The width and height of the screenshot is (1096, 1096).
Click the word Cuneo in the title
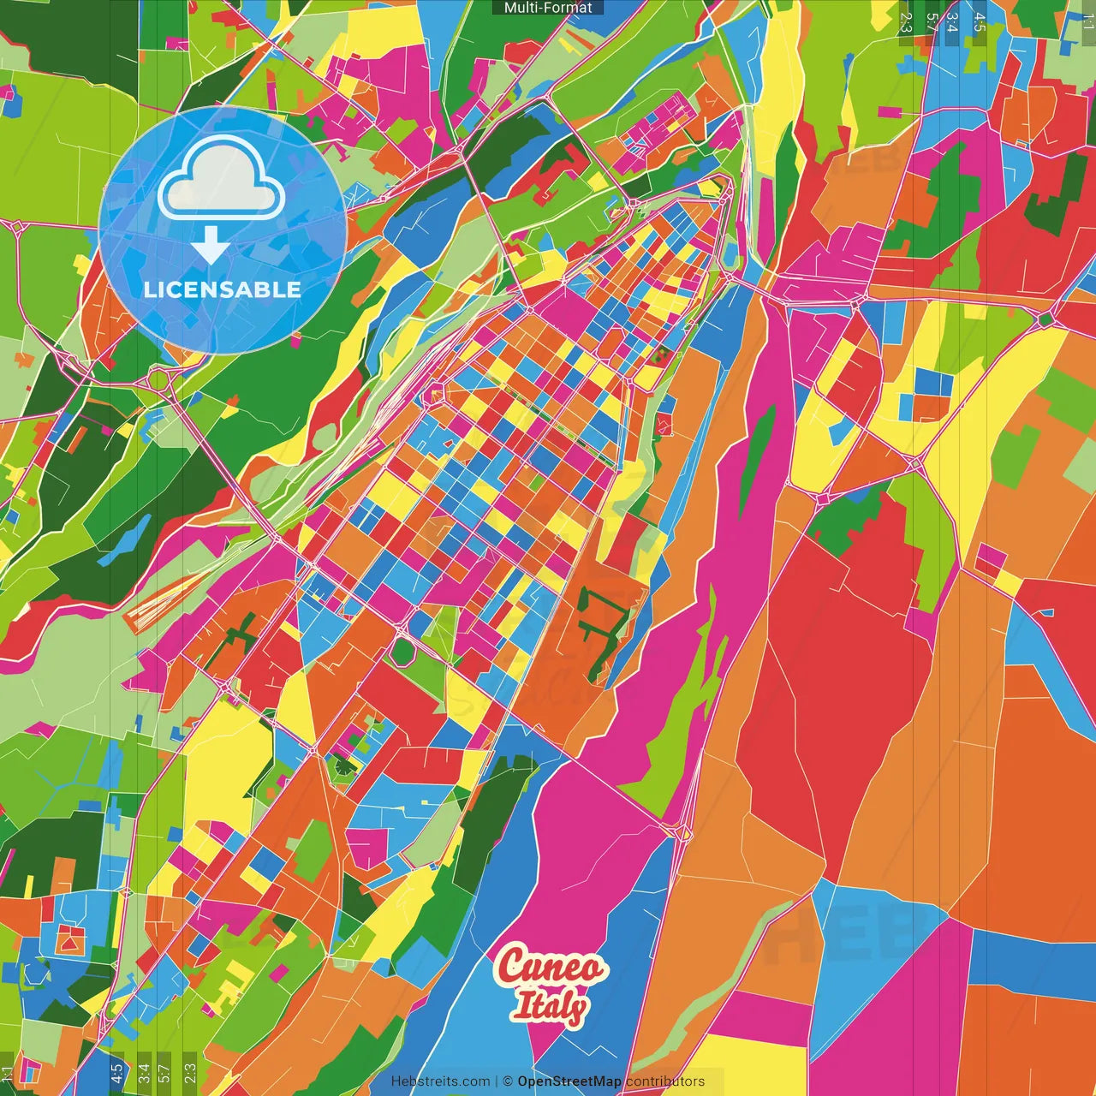(x=551, y=968)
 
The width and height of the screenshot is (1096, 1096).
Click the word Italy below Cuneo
(x=550, y=1007)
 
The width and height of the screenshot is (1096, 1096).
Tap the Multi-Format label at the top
(x=548, y=8)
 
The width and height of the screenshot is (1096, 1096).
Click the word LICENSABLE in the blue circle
(x=223, y=289)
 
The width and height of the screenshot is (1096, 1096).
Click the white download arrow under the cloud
(x=210, y=245)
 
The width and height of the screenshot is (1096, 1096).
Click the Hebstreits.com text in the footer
(x=440, y=1081)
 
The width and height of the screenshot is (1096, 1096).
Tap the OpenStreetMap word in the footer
(x=569, y=1081)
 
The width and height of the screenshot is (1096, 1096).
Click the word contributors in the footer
(x=665, y=1081)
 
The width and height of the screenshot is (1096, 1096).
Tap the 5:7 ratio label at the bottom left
(x=164, y=1071)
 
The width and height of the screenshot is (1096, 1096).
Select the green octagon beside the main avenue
(x=402, y=651)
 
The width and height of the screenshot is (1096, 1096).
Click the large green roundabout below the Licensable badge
(x=158, y=378)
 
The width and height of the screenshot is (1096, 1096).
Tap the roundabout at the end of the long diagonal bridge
(x=682, y=831)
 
